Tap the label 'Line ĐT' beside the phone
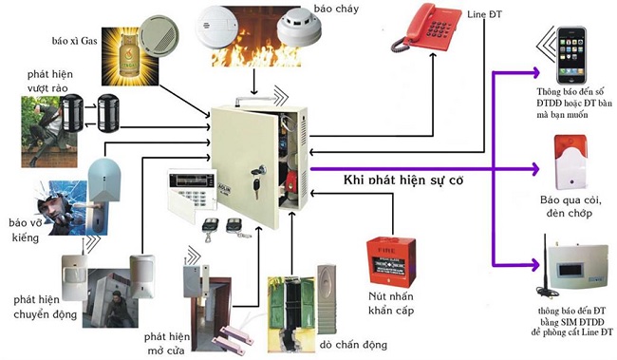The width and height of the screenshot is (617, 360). (484, 15)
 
